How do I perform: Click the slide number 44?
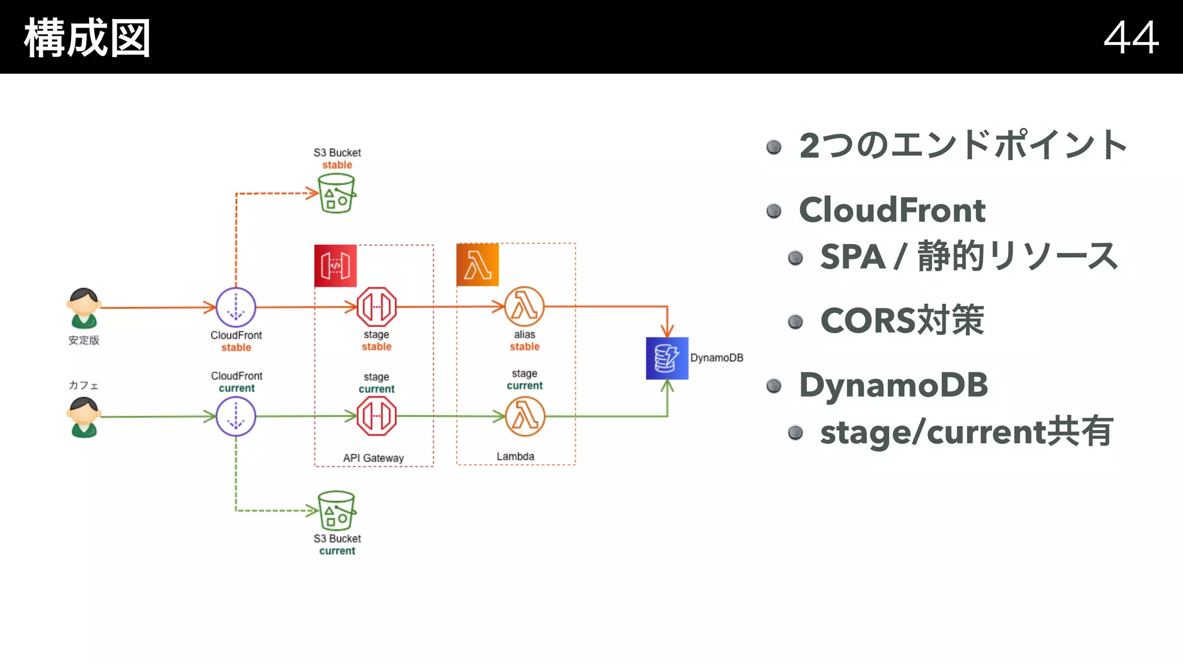(1130, 38)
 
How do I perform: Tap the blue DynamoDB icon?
(667, 358)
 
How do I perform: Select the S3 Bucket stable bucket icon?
(337, 193)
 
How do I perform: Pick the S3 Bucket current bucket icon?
(337, 510)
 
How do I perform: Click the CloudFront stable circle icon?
(236, 307)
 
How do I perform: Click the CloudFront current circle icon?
(236, 416)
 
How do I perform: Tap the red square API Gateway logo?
(335, 266)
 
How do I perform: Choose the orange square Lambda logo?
(477, 265)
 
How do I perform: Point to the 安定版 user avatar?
(84, 308)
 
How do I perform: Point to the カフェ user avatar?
(84, 417)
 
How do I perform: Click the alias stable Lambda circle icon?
(524, 307)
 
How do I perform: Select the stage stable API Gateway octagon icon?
(377, 307)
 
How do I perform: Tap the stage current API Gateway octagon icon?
(377, 416)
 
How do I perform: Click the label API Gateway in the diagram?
(373, 458)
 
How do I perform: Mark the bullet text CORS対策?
(902, 320)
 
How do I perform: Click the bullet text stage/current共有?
(966, 432)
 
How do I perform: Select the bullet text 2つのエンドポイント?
(963, 145)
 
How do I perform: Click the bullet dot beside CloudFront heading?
(773, 211)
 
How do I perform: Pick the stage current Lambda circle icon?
(524, 416)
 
